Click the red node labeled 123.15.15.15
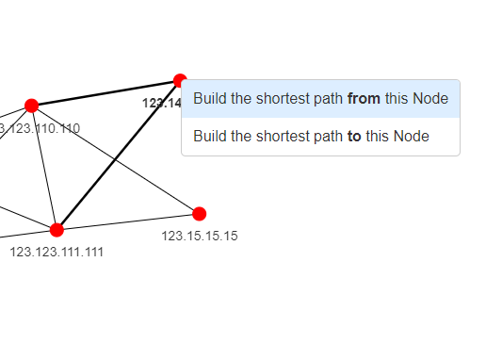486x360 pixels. tap(199, 214)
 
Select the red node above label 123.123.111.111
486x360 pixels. tap(57, 230)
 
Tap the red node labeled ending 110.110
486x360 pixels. tap(31, 106)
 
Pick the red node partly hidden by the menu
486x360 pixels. tap(178, 81)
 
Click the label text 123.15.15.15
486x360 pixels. tap(199, 236)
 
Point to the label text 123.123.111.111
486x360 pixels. tap(57, 252)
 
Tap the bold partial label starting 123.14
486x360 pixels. tap(161, 103)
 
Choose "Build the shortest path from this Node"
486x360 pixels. tap(320, 99)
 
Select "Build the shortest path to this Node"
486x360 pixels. tap(311, 137)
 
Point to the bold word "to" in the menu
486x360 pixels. tap(354, 137)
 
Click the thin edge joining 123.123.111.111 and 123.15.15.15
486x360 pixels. tap(127, 221)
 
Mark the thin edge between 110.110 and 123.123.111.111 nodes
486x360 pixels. tap(43, 168)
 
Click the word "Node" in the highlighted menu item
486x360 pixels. tap(430, 99)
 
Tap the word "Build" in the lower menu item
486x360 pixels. tap(211, 137)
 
